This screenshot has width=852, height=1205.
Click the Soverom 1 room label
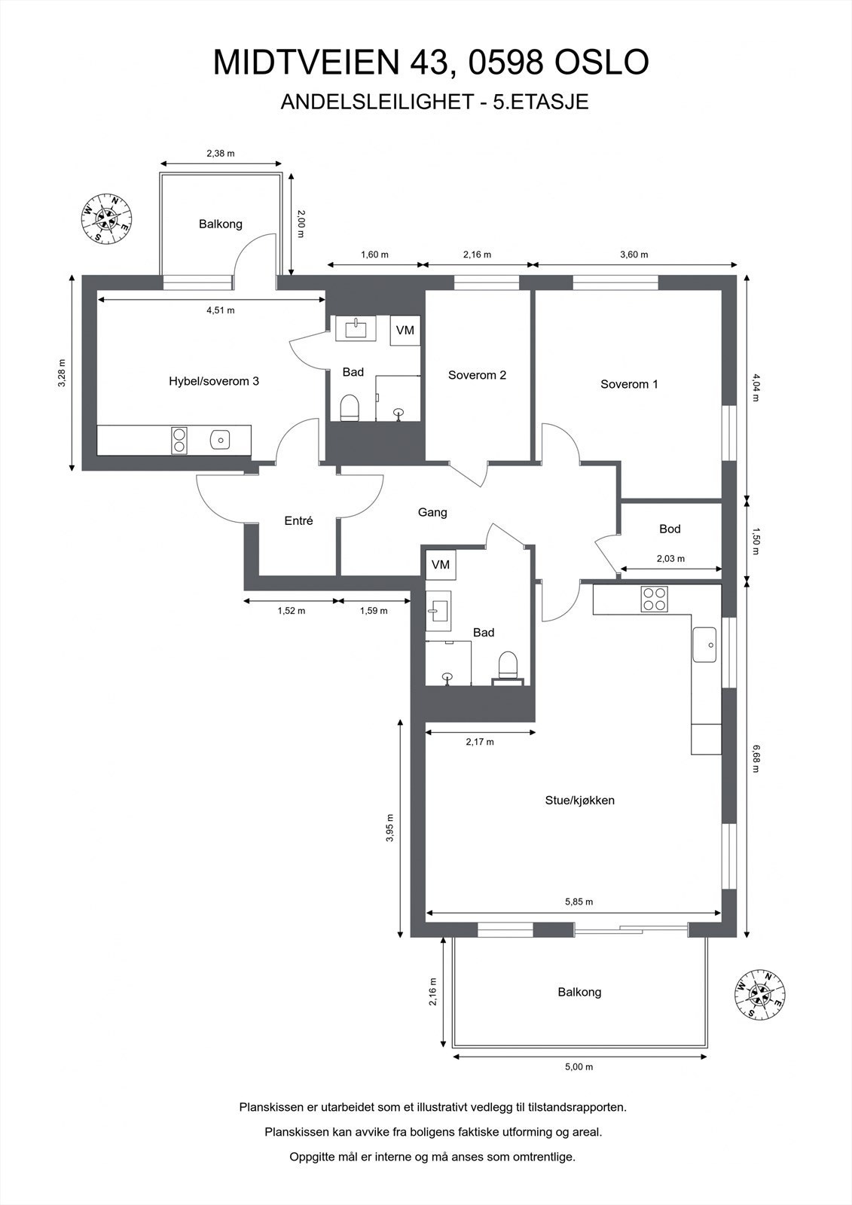point(629,384)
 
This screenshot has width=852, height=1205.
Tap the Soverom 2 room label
point(477,375)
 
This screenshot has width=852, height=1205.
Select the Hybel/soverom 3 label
point(214,381)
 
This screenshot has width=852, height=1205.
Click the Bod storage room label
point(670,529)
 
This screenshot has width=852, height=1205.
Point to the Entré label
point(298,520)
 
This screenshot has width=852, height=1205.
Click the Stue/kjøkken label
point(579,800)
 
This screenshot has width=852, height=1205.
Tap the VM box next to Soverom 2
point(405,330)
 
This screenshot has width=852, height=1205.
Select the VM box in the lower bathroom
point(440,564)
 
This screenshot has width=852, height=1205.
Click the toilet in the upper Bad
point(350,407)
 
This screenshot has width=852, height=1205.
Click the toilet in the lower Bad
point(508,666)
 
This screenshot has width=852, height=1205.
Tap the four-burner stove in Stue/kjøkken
point(653,599)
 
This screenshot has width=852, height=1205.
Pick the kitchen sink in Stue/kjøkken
point(707,644)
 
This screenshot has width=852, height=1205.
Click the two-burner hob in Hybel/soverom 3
point(179,440)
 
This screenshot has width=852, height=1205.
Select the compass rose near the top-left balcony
point(106,218)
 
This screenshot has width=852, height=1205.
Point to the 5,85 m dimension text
point(579,901)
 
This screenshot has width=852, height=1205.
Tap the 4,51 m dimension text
point(220,310)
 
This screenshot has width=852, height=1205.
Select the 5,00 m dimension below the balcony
point(579,1066)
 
